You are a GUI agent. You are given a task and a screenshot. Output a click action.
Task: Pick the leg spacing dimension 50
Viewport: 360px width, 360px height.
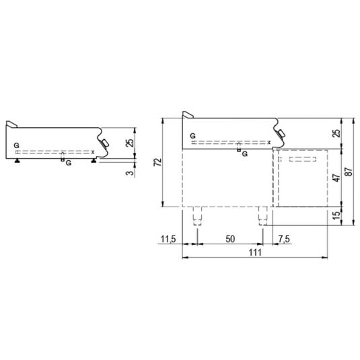pyautogui.click(x=229, y=239)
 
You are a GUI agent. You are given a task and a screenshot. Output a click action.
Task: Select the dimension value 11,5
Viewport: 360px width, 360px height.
pyautogui.click(x=170, y=239)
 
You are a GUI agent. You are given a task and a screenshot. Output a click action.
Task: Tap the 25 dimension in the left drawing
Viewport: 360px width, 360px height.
pyautogui.click(x=130, y=143)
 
